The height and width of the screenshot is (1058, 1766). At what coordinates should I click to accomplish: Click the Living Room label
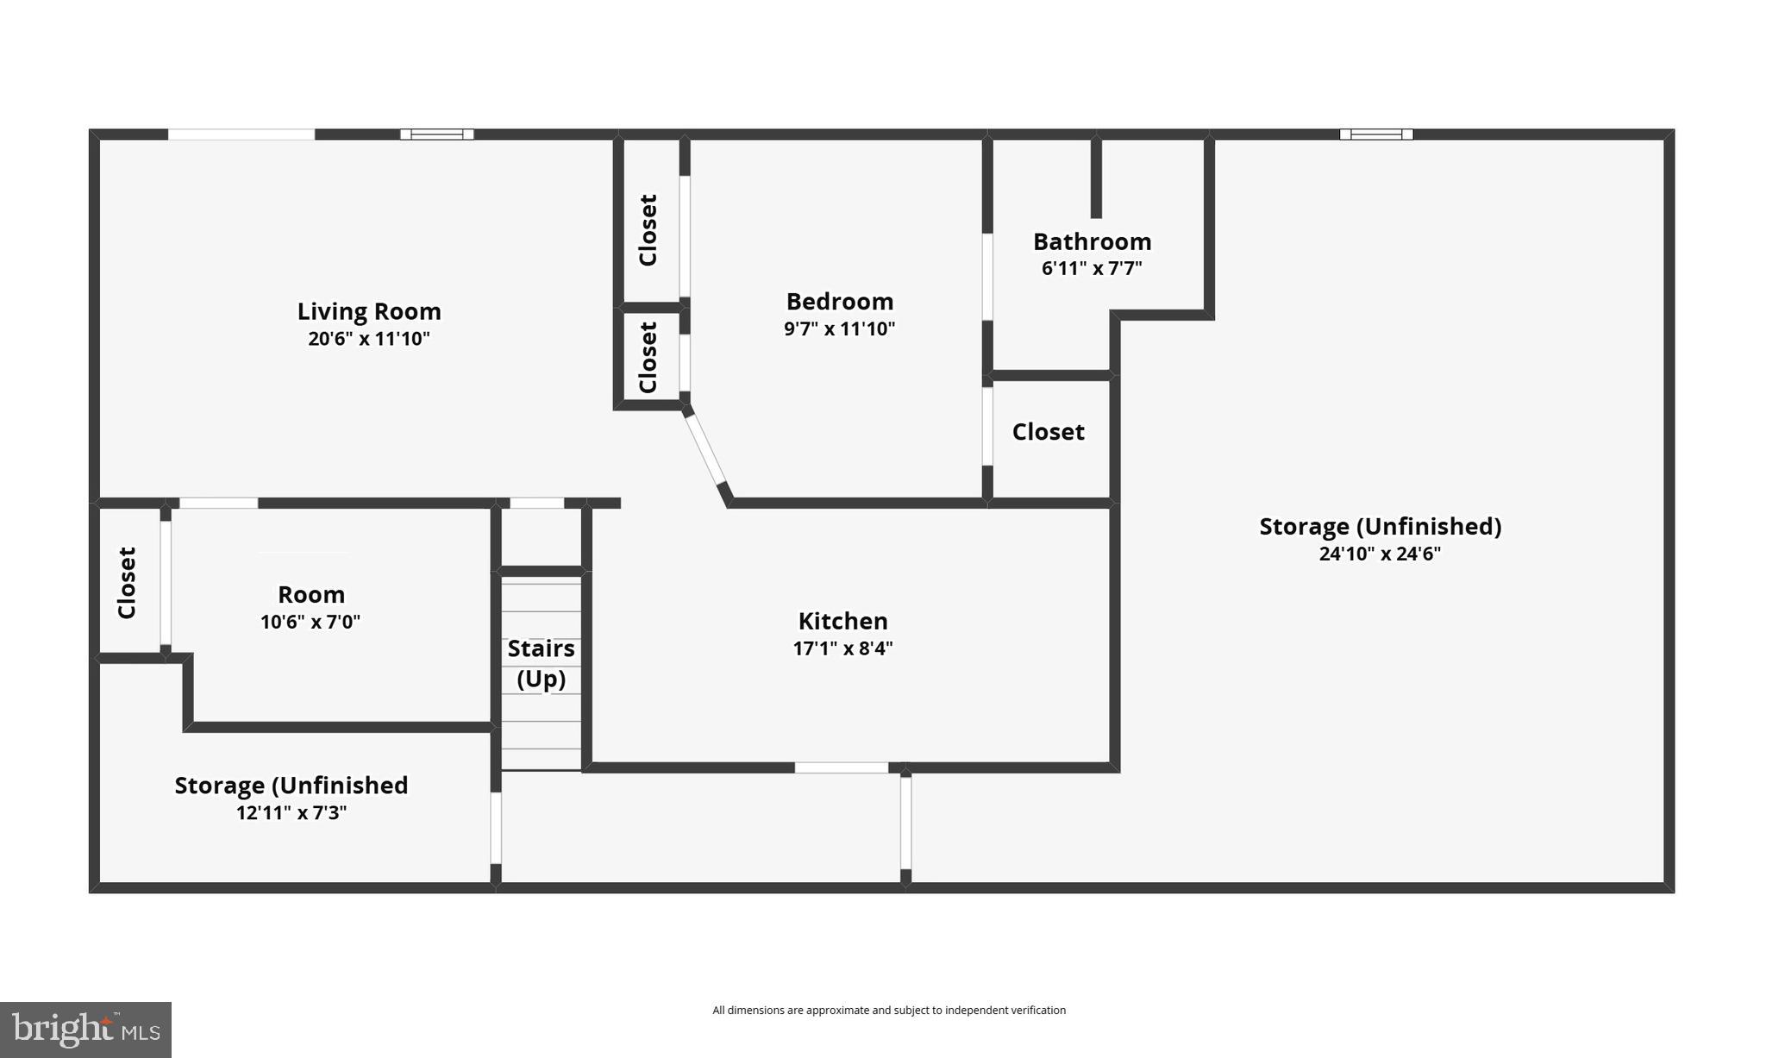pyautogui.click(x=368, y=311)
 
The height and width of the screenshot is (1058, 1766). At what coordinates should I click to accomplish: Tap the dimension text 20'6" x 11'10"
pyautogui.click(x=368, y=339)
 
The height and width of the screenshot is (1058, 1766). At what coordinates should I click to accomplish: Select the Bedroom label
pyautogui.click(x=839, y=302)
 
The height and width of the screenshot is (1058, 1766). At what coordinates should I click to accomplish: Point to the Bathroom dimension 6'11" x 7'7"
pyautogui.click(x=1092, y=268)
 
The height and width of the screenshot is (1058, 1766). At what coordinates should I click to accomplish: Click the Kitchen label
pyautogui.click(x=842, y=621)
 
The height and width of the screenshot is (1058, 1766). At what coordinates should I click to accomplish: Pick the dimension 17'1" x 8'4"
pyautogui.click(x=842, y=648)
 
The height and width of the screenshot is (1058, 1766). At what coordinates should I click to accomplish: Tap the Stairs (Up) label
pyautogui.click(x=541, y=663)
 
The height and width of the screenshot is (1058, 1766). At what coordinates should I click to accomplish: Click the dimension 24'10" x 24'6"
pyautogui.click(x=1380, y=554)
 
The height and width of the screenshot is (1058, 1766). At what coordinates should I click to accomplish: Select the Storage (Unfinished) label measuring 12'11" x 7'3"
pyautogui.click(x=291, y=786)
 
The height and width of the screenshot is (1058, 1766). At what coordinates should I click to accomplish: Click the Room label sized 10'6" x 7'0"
pyautogui.click(x=310, y=595)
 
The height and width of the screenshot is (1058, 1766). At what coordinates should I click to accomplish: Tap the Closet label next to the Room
pyautogui.click(x=127, y=583)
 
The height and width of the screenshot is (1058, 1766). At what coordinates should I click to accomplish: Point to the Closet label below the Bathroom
pyautogui.click(x=1048, y=432)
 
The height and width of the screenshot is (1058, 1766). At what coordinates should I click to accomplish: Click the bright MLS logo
pyautogui.click(x=85, y=1030)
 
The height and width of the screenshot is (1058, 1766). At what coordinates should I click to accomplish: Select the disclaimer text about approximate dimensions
pyautogui.click(x=888, y=1011)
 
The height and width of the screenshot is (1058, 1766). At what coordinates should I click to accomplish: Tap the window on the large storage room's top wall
pyautogui.click(x=1375, y=135)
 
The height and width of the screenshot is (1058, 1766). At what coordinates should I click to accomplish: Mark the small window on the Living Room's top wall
pyautogui.click(x=436, y=135)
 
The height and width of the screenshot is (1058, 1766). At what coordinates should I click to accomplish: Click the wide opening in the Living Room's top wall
pyautogui.click(x=241, y=135)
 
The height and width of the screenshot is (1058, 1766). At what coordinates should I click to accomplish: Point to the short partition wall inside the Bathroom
pyautogui.click(x=1096, y=178)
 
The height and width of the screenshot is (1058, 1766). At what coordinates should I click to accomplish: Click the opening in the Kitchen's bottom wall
pyautogui.click(x=841, y=767)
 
